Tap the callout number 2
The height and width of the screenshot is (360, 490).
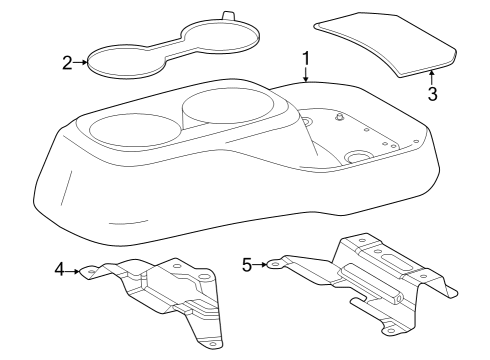67,64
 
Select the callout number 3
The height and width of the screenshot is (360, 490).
432,95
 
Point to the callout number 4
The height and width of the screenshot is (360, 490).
60,268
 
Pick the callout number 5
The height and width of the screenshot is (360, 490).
247,264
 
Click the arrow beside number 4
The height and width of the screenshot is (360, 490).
74,268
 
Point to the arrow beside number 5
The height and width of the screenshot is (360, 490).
261,264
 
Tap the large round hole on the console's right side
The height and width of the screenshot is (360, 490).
357,158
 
